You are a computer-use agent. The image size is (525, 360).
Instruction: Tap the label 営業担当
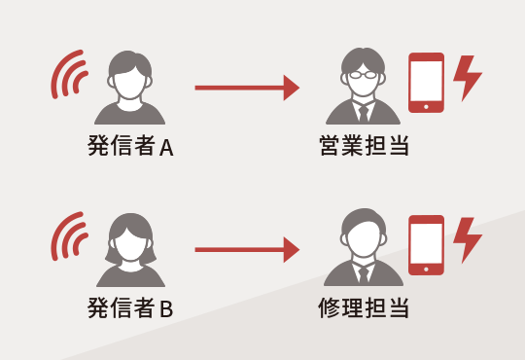click(363, 148)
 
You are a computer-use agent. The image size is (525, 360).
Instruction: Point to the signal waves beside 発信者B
click(68, 239)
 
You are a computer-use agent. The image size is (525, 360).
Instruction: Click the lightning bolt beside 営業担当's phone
click(468, 78)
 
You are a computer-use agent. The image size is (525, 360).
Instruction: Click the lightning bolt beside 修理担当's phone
click(468, 240)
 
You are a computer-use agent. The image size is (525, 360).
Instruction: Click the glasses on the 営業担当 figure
click(363, 73)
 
